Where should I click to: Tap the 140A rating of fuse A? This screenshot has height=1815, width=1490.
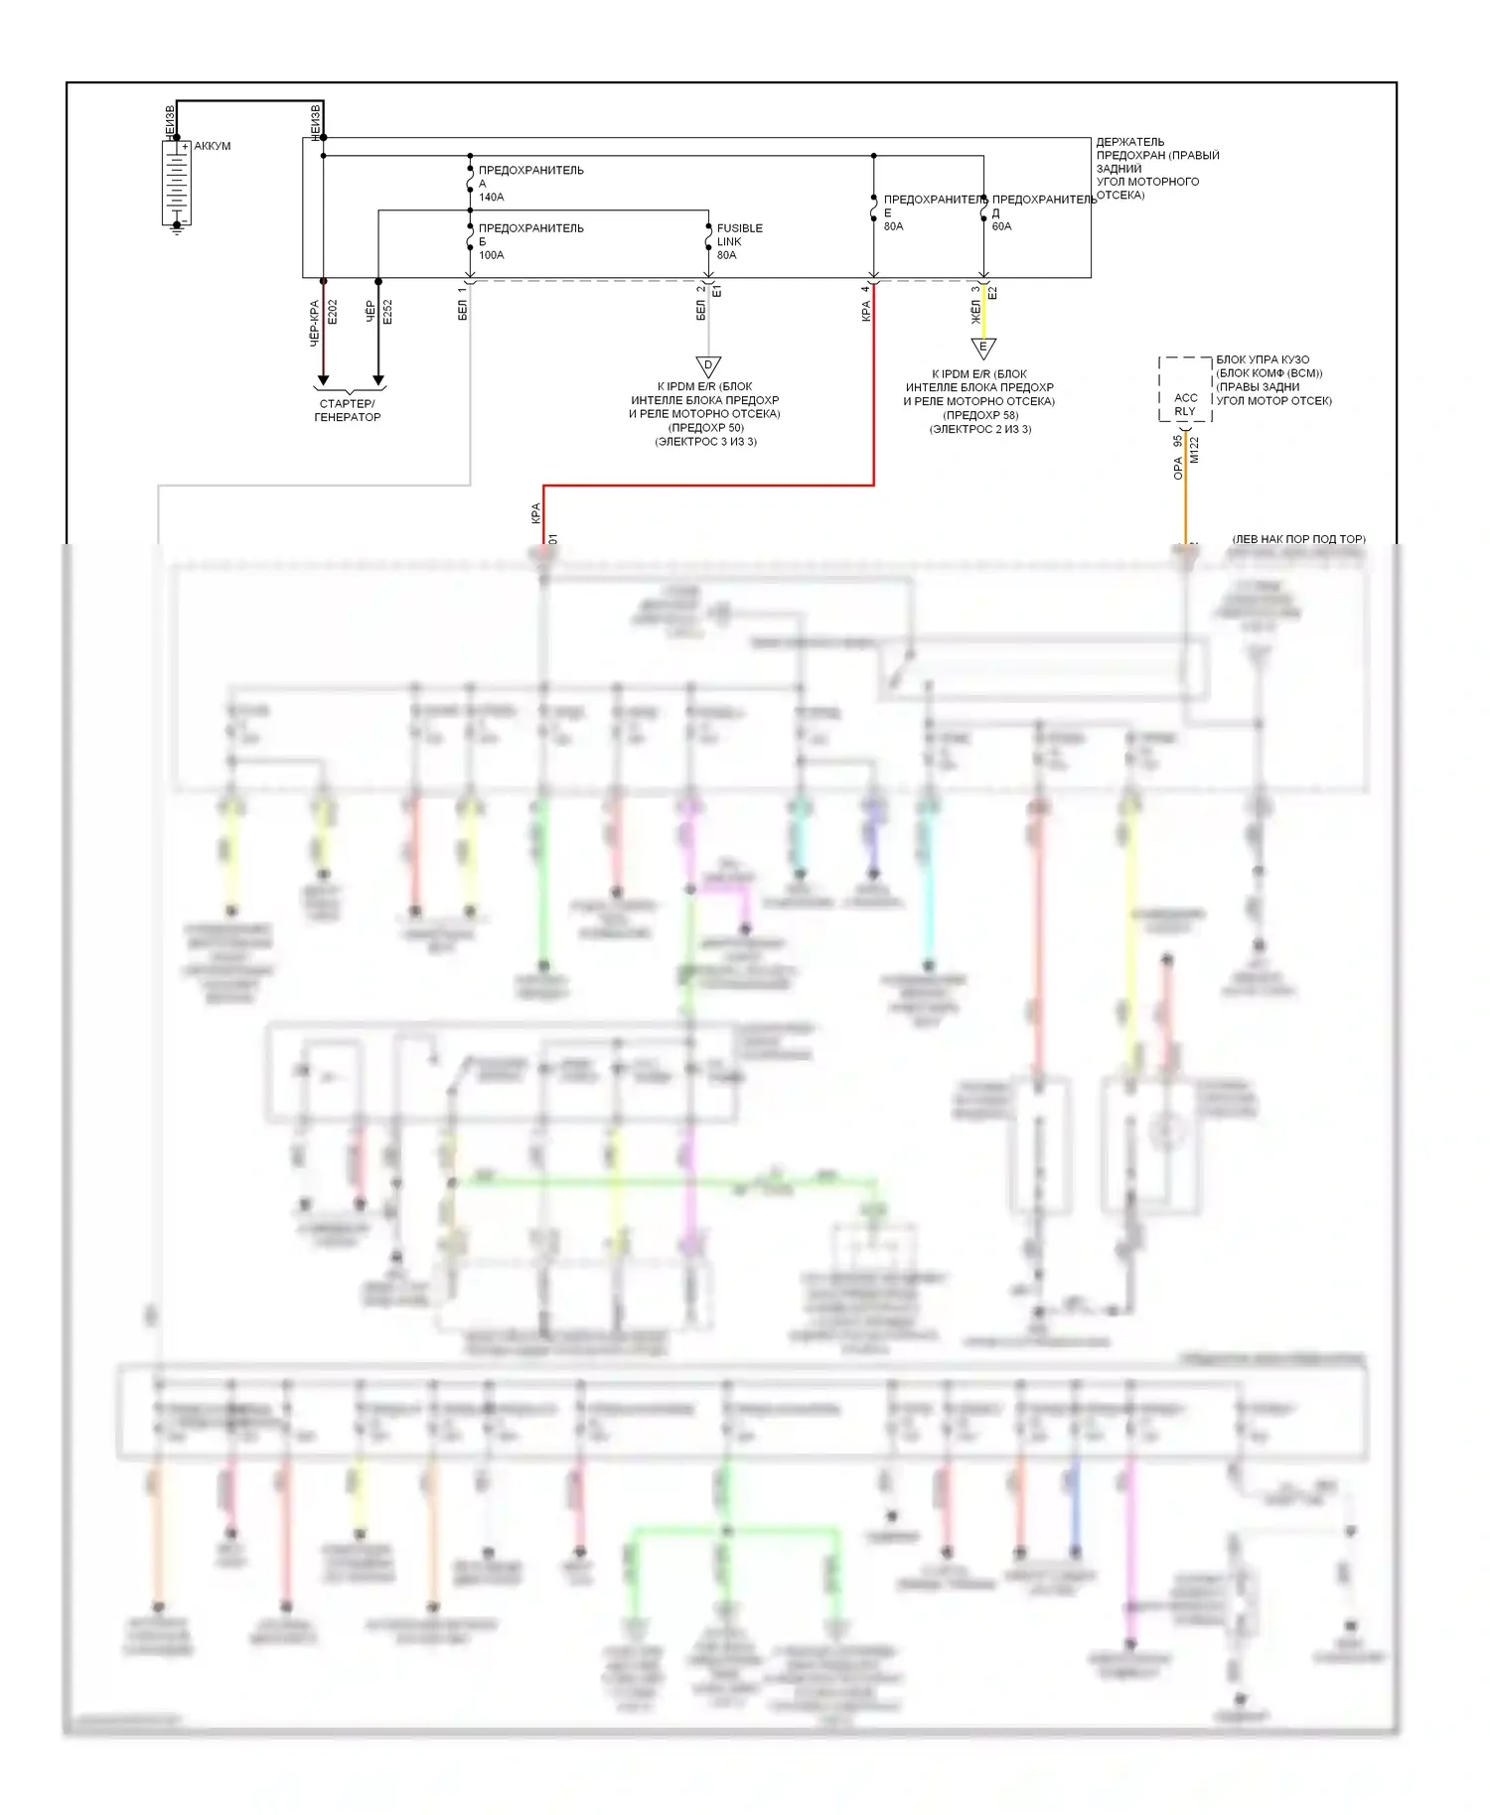click(492, 198)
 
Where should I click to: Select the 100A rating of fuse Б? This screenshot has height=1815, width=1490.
click(492, 255)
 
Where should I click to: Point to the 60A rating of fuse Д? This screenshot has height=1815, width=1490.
click(1001, 226)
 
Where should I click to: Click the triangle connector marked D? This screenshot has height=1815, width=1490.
click(708, 366)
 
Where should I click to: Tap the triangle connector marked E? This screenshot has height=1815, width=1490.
click(983, 349)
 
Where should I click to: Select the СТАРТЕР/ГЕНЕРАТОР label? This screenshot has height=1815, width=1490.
click(348, 410)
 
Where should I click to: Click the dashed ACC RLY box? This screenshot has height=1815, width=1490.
click(1185, 389)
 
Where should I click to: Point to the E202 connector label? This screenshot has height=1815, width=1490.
click(333, 312)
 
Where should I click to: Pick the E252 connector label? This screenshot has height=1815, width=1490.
click(387, 312)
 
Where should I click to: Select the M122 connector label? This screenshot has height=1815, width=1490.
click(1195, 450)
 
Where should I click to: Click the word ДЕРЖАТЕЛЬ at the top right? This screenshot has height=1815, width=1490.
click(1130, 142)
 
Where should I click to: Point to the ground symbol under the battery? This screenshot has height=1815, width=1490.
click(177, 228)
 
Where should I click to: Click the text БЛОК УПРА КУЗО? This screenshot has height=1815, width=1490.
click(1263, 359)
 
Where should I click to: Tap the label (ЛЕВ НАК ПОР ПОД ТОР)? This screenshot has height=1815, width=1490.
click(1298, 539)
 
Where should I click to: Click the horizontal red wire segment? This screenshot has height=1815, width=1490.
click(708, 486)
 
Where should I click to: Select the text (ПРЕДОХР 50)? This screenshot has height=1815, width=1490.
click(705, 428)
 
